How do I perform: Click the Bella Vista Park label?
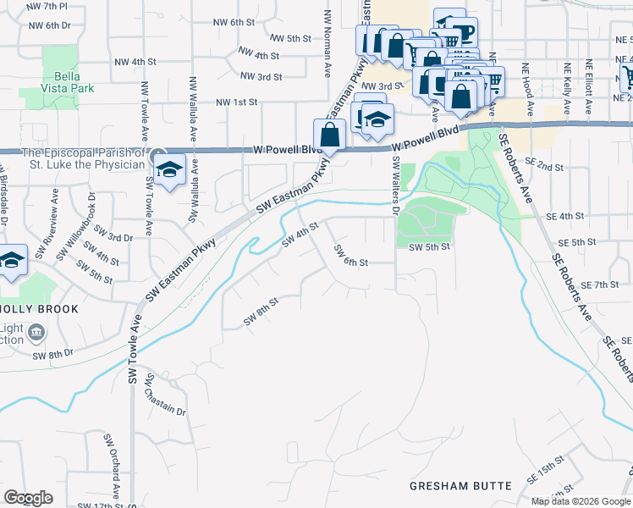(61, 80)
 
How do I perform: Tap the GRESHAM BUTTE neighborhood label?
(460, 485)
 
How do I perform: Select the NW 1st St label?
(236, 102)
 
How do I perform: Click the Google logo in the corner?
(28, 498)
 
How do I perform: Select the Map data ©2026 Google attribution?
(581, 501)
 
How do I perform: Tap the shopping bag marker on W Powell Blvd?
(328, 135)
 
